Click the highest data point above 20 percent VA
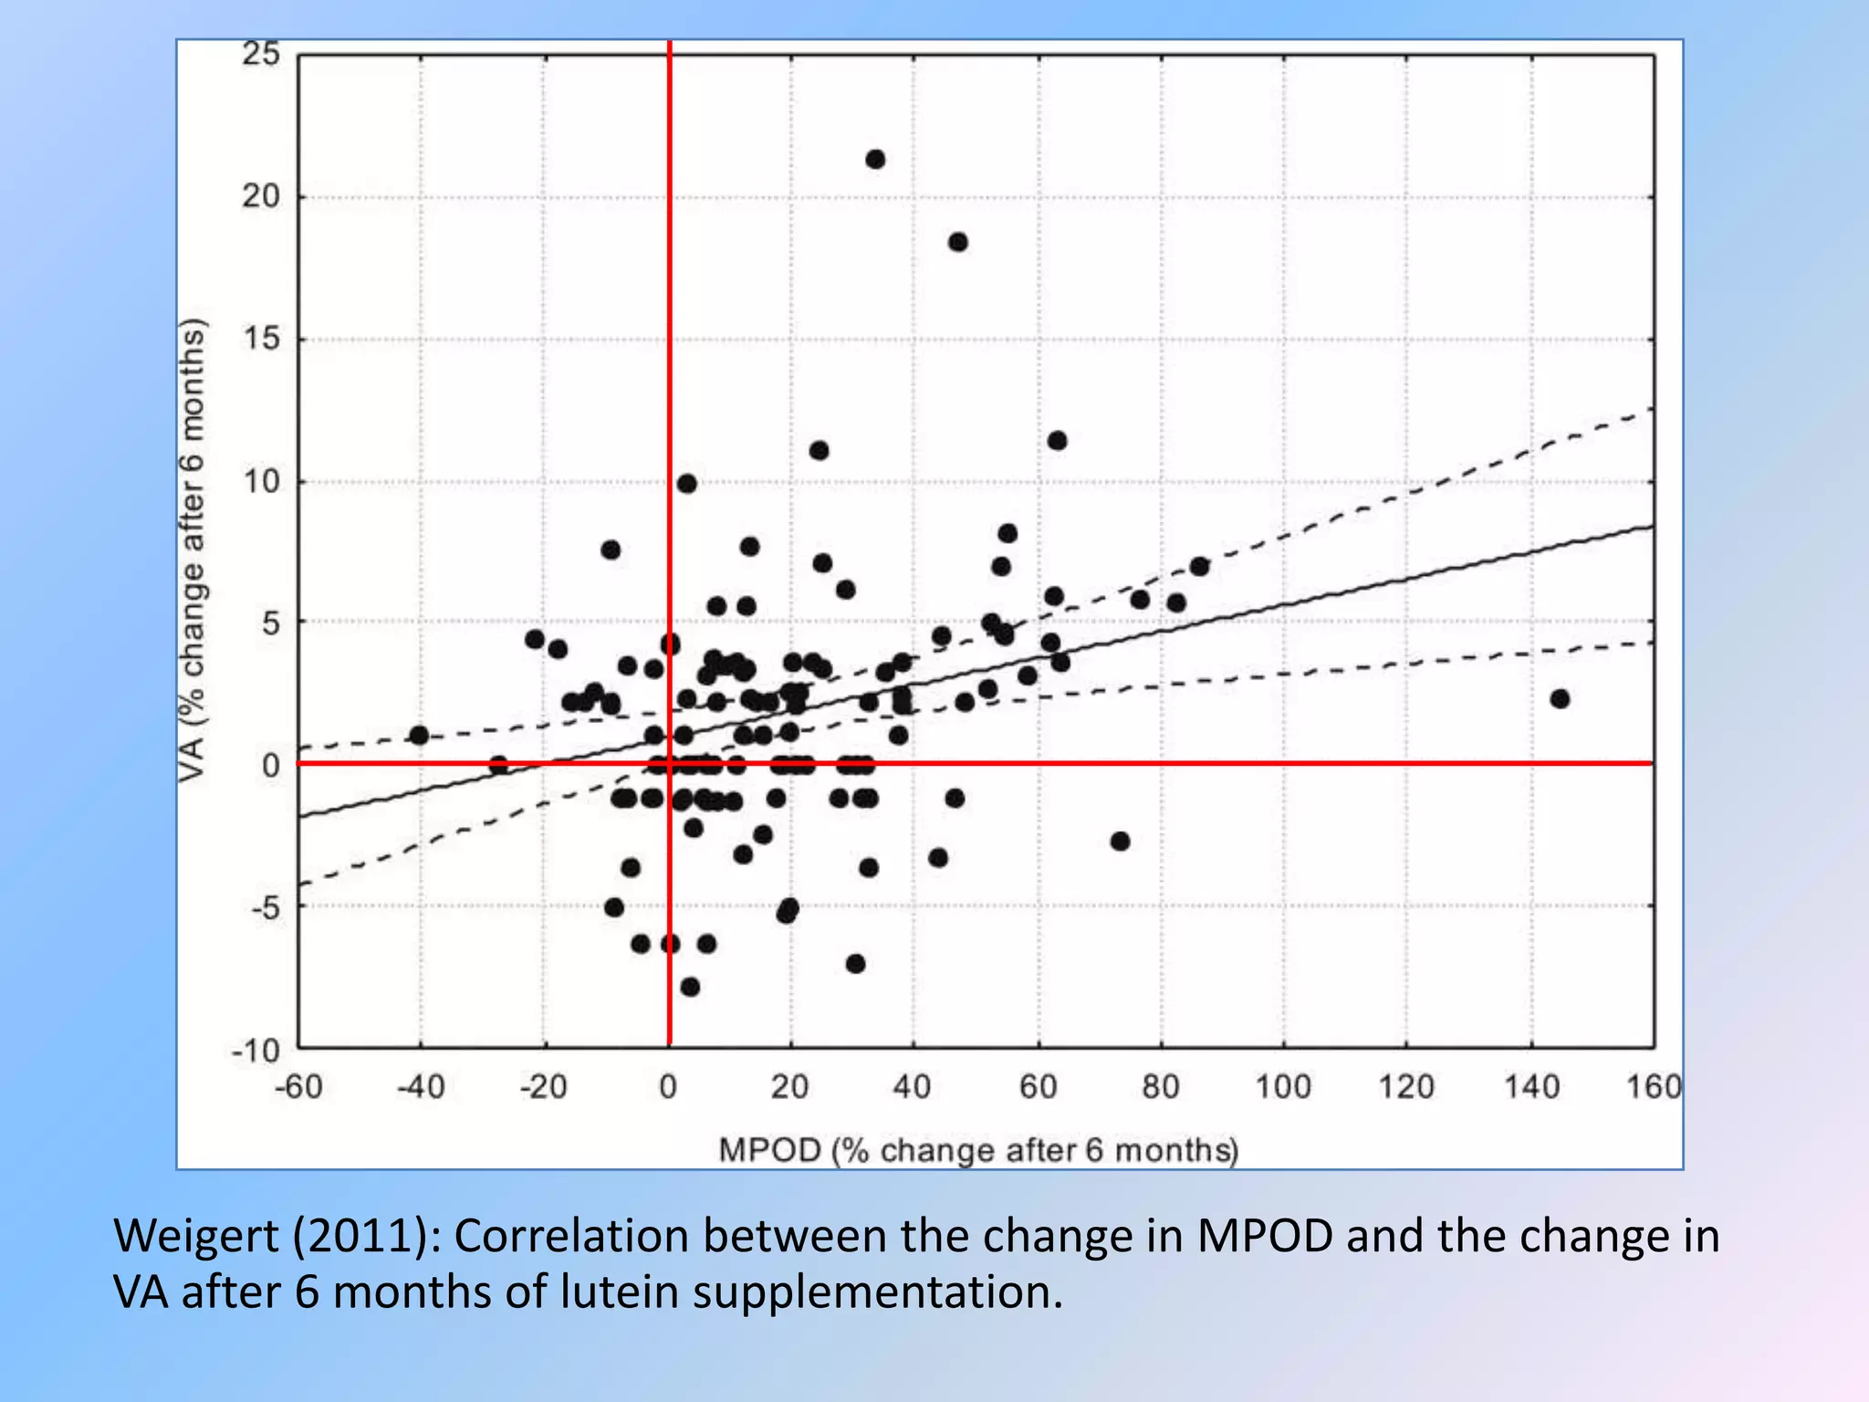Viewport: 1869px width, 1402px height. point(874,160)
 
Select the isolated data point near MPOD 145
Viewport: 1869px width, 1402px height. point(1560,699)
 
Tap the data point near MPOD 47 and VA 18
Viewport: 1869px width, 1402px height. point(957,242)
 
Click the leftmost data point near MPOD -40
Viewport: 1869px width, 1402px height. point(419,735)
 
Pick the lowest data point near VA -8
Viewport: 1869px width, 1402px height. point(690,987)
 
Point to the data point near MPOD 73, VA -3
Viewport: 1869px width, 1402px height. point(1120,841)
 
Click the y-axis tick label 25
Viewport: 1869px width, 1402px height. point(261,55)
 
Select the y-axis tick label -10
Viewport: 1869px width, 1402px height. point(255,1050)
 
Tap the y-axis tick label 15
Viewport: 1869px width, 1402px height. point(261,340)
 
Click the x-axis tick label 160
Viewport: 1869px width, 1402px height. point(1653,1087)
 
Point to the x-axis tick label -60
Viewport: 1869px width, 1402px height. point(298,1087)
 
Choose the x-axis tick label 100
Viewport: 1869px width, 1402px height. point(1282,1087)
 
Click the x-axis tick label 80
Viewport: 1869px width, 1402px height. point(1160,1087)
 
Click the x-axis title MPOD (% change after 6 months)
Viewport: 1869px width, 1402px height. point(978,1150)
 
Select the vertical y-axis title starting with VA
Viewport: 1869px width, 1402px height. point(193,549)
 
